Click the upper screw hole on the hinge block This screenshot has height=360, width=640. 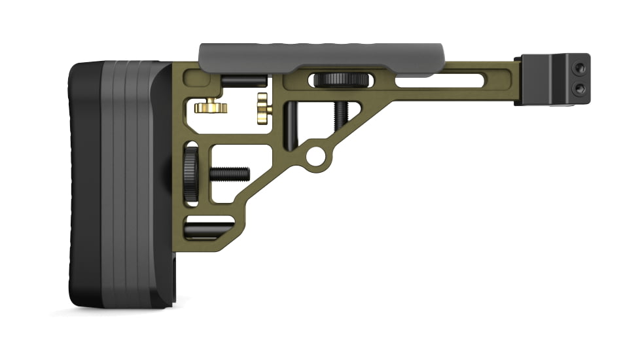coord(578,67)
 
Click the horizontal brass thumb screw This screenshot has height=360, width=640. coord(211,106)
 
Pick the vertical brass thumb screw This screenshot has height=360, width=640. coord(264,108)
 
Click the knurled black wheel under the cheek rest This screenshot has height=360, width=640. coord(341,81)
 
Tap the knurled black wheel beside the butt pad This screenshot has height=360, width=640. coord(190,174)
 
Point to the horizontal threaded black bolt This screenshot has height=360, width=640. coord(230,174)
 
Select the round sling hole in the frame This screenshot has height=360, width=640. coord(316,155)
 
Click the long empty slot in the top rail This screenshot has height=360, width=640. coord(439,82)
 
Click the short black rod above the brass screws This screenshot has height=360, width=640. coord(244,81)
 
